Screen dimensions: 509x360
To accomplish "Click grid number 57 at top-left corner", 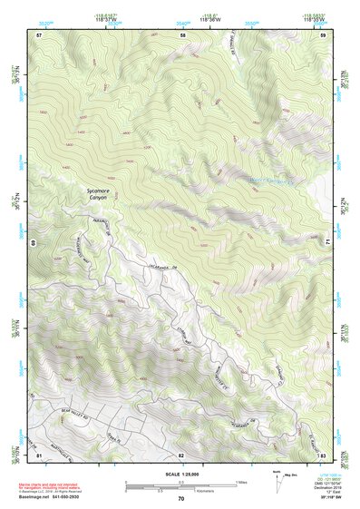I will (39, 34).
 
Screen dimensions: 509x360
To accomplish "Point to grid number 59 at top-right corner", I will (323, 34).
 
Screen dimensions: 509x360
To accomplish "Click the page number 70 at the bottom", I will (181, 499).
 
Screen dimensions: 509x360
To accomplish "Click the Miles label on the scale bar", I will (241, 481).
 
